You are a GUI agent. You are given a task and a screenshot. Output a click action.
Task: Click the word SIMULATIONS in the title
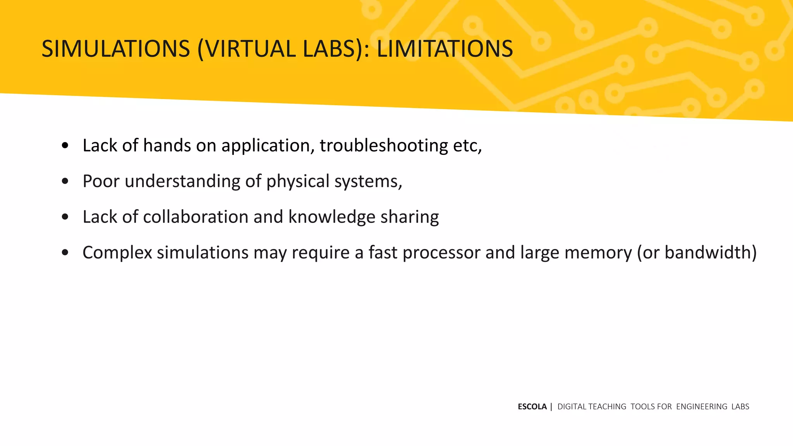coord(116,49)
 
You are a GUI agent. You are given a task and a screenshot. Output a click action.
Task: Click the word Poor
coord(101,181)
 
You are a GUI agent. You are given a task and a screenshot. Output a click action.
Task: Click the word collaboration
coord(196,217)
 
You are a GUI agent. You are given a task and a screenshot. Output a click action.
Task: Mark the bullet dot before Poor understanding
coord(65,181)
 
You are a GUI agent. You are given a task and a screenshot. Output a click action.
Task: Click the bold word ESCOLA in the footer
coord(532,407)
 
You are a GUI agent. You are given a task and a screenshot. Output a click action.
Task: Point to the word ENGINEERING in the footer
coord(702,407)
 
